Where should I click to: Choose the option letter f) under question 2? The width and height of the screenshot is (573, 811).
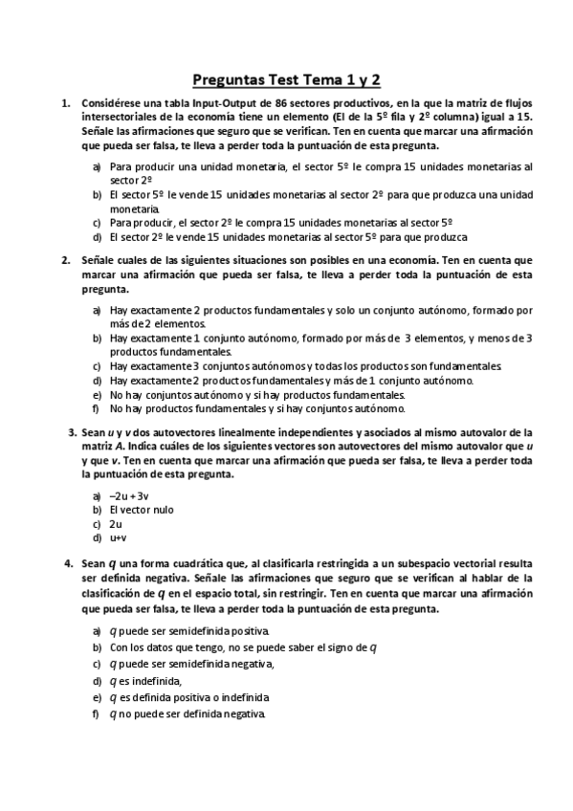point(98,407)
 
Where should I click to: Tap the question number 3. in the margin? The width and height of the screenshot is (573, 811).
point(72,431)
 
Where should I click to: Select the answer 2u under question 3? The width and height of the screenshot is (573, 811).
point(116,524)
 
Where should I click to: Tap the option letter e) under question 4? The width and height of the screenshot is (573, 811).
point(98,697)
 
